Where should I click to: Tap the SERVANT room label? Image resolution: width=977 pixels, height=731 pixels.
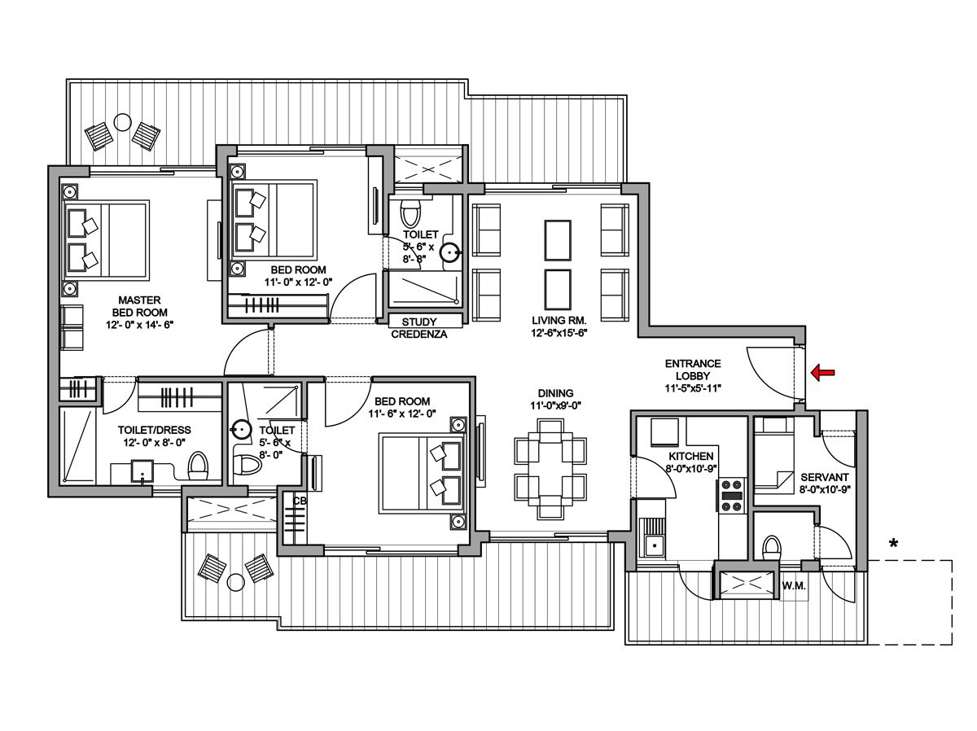(825, 476)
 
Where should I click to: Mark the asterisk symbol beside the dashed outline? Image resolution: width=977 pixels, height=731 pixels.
(893, 544)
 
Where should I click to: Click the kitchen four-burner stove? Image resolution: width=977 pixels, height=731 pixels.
(731, 496)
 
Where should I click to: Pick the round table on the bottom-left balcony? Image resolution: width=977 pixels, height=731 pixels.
(236, 581)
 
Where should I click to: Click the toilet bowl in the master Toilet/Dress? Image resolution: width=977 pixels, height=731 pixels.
(198, 466)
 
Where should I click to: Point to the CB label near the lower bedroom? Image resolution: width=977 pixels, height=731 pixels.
(300, 501)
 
